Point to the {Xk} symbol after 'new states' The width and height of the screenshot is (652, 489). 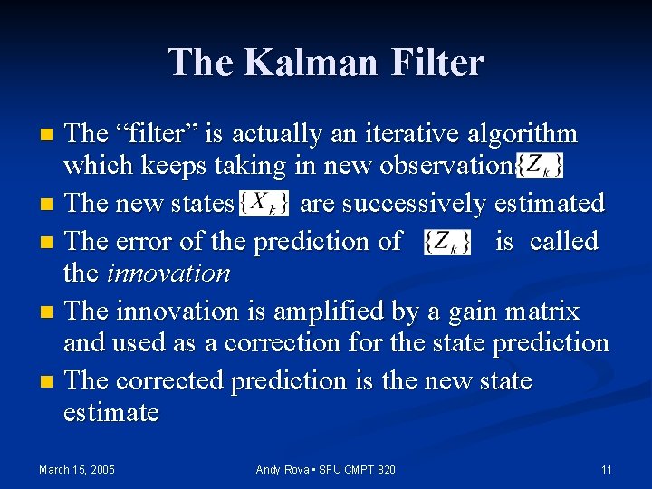tap(264, 204)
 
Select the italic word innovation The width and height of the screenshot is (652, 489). tap(168, 273)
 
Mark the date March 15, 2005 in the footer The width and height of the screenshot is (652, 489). tap(77, 469)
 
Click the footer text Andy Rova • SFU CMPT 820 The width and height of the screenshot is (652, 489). tap(325, 469)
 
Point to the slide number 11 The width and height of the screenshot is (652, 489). tap(607, 469)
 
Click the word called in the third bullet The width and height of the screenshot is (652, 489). tap(563, 242)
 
